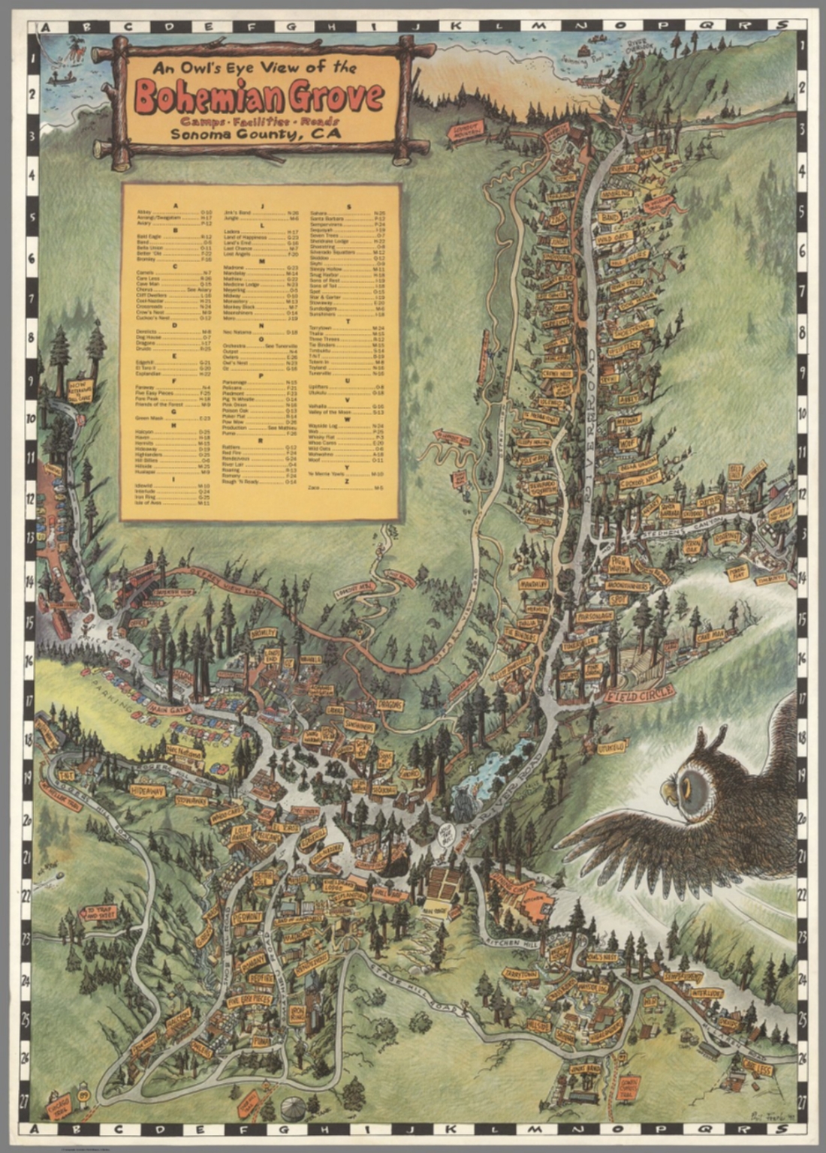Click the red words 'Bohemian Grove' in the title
[x=259, y=97]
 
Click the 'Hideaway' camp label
[x=146, y=791]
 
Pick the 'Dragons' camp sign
[x=390, y=705]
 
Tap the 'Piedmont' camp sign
[x=247, y=918]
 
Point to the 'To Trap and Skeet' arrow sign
[x=98, y=913]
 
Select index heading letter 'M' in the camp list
[x=262, y=260]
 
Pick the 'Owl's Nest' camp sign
[x=602, y=958]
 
